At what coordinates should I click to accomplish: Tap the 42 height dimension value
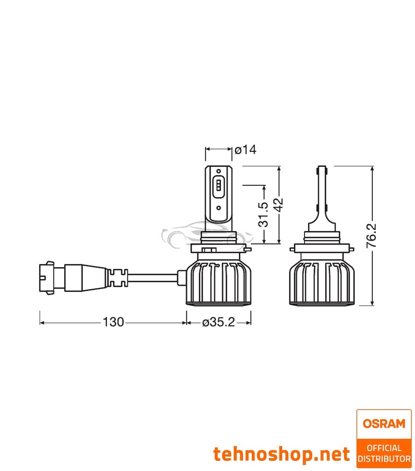tap(279, 204)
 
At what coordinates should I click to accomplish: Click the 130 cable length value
tap(113, 322)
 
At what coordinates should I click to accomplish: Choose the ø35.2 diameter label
tap(218, 322)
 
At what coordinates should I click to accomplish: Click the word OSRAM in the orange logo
tap(384, 423)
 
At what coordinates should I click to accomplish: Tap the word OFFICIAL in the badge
tap(384, 447)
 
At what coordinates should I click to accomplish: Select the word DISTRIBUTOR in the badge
tap(384, 459)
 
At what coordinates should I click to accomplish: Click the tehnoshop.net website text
tap(281, 454)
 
